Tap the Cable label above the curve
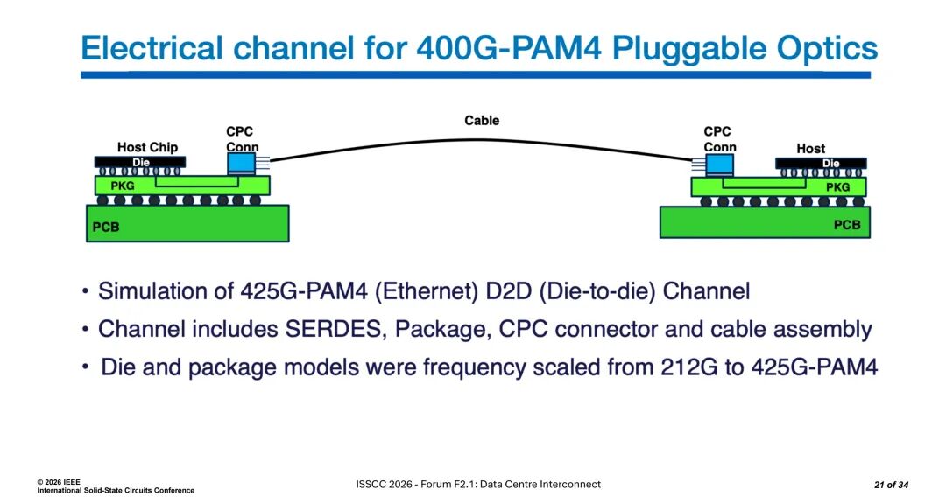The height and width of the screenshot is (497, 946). [x=482, y=121]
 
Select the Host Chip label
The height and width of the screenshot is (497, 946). [x=147, y=147]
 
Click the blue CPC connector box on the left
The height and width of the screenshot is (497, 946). [x=242, y=164]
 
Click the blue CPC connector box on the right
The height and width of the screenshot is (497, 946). [x=719, y=164]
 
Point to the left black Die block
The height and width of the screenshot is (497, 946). [x=140, y=162]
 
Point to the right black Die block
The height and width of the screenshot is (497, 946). [x=821, y=164]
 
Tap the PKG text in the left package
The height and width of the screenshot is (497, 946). [x=123, y=186]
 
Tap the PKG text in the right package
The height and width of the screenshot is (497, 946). [x=837, y=187]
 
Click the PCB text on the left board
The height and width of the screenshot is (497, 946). [x=106, y=227]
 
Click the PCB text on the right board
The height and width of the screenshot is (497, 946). [x=847, y=225]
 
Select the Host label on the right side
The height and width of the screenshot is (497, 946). [x=810, y=148]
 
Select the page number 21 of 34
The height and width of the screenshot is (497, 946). [x=891, y=485]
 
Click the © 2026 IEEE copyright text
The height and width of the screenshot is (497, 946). [x=59, y=482]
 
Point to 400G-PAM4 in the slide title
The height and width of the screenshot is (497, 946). [x=509, y=48]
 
